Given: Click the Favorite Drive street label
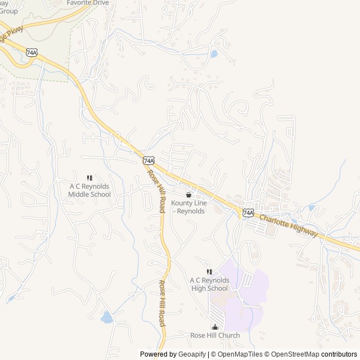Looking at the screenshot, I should click(x=88, y=3).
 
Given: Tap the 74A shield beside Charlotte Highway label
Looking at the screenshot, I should click(x=248, y=213).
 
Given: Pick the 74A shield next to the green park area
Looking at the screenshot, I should click(x=31, y=52).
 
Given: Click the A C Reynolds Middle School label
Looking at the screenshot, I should click(x=89, y=190).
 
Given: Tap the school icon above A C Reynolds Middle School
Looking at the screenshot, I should click(x=89, y=178).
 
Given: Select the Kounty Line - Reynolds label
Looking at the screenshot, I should click(x=189, y=206).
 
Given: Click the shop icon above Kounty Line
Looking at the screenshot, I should click(x=188, y=194).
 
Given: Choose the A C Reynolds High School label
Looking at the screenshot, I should click(x=209, y=284).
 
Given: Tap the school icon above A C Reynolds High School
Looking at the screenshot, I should click(x=209, y=272).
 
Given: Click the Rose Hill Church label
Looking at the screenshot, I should click(x=215, y=336).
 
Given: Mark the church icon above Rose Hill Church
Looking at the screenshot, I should click(x=214, y=327).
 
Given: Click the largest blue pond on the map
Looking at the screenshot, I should click(x=106, y=318).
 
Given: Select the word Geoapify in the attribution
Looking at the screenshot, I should click(x=192, y=354).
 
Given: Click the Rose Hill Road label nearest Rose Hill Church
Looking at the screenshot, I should click(x=163, y=304).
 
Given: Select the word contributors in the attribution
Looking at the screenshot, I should click(x=339, y=354).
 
